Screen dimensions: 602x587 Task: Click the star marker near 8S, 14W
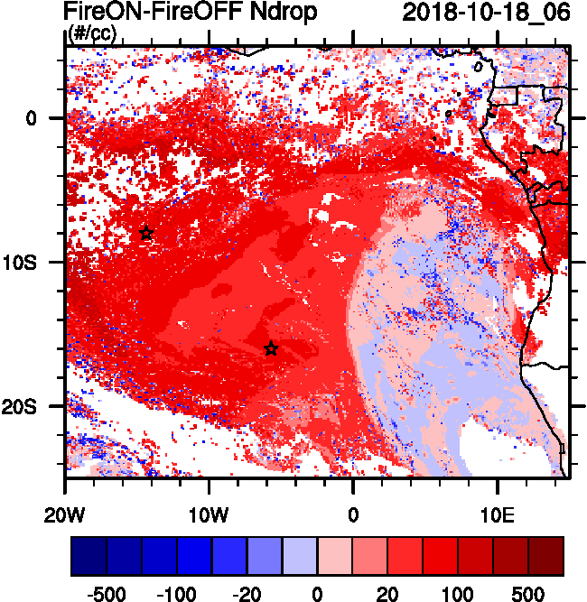[146, 233]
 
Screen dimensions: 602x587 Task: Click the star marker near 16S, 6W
[271, 349]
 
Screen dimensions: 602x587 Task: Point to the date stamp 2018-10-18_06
[486, 14]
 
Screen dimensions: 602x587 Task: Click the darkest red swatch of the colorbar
[546, 556]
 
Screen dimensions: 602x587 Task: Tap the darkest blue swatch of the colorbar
[89, 556]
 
